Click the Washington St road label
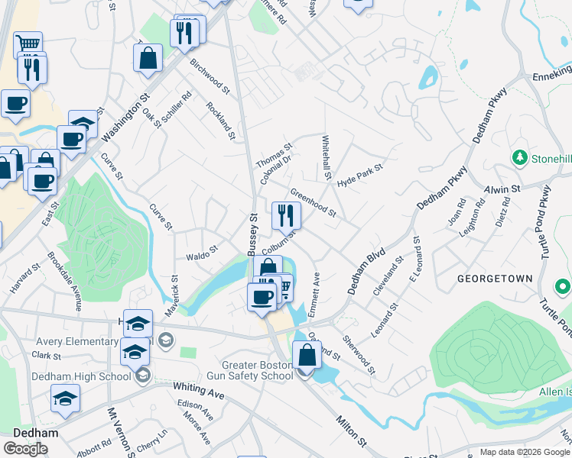pos(125,118)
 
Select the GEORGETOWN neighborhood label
pos(495,279)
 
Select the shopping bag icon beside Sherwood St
pos(307,355)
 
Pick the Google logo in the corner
pos(25,449)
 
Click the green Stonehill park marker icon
pos(519,157)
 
